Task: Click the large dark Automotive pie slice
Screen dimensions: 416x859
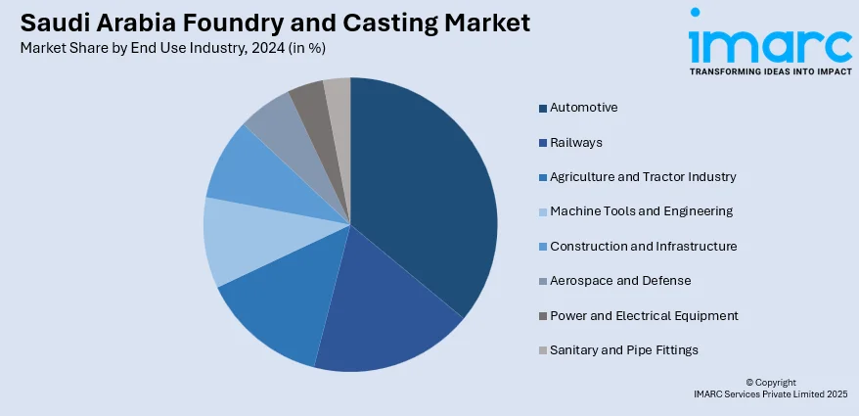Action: tap(426, 186)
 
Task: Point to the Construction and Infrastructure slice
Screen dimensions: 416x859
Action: tap(249, 176)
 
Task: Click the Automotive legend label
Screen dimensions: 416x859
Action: tap(583, 108)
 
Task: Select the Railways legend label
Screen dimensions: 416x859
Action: tap(576, 142)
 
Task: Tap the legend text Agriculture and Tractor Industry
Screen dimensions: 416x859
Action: tap(643, 177)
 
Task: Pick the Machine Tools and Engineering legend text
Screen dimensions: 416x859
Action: tap(641, 211)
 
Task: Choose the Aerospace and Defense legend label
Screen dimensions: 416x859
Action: tap(620, 281)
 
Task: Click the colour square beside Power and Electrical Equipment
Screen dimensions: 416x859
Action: tap(542, 316)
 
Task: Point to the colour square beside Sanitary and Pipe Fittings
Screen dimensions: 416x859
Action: tap(542, 350)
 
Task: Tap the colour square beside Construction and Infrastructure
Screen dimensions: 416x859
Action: tap(542, 247)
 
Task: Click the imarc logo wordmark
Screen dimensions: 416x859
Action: tap(770, 43)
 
